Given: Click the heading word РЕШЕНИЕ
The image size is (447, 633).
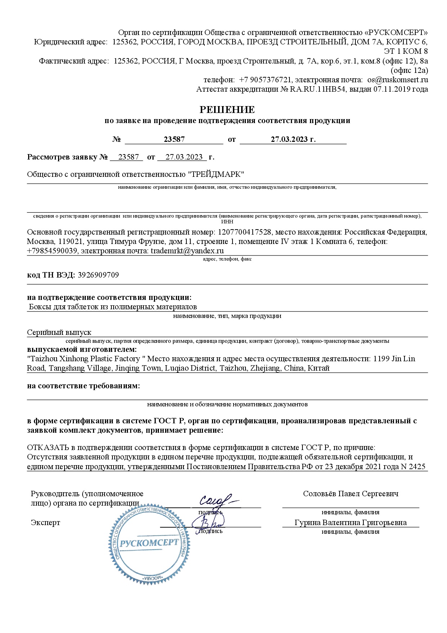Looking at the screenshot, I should point(227,109).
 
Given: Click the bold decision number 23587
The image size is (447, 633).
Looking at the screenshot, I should point(174,139).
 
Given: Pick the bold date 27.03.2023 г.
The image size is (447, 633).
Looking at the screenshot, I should point(293,139).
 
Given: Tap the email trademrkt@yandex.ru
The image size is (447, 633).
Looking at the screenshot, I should point(187,250).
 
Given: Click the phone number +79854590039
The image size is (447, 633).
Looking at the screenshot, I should point(52,250).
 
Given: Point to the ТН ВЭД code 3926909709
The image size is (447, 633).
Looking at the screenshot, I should point(98,275).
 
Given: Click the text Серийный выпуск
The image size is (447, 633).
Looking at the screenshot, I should point(59,332).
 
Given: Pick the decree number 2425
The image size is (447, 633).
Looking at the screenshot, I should point(418,466).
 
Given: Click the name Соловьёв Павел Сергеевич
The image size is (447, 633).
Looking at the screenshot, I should point(350,493).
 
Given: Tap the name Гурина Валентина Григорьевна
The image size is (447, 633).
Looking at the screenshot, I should point(350,522).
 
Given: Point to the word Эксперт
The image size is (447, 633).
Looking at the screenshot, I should point(45,522).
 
